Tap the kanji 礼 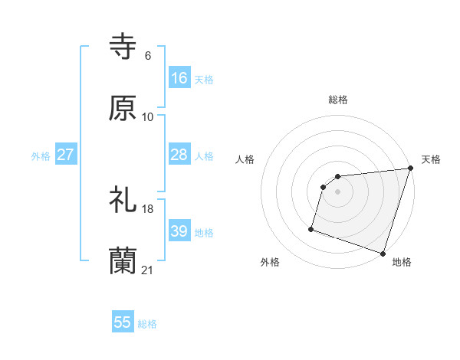(x=123, y=201)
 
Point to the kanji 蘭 (x=123, y=260)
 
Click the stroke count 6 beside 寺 (x=147, y=56)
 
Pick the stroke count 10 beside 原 (x=148, y=116)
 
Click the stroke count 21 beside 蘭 (x=148, y=270)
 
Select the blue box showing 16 (x=179, y=78)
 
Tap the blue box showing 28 (x=179, y=155)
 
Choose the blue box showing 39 (x=179, y=231)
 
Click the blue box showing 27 (x=66, y=155)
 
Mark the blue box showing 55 (x=123, y=322)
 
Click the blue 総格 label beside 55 (x=147, y=324)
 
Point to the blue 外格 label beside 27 (x=41, y=156)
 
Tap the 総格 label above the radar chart (x=338, y=100)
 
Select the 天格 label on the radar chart (x=431, y=159)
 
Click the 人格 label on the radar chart (x=245, y=159)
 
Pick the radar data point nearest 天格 (x=410, y=169)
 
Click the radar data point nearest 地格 (x=383, y=253)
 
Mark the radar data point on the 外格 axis (x=312, y=228)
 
